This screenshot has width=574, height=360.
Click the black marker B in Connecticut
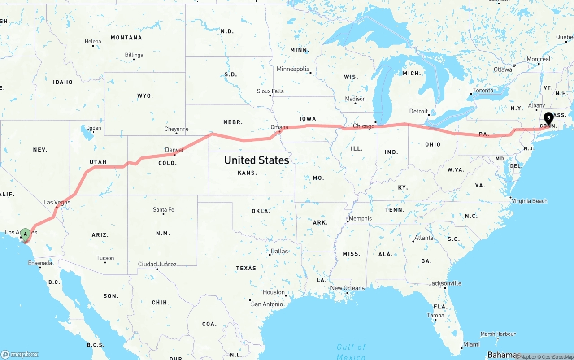(x=548, y=118)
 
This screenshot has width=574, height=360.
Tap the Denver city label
(x=174, y=150)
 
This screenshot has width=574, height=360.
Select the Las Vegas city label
(x=57, y=202)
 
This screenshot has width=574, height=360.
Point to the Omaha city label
(x=279, y=127)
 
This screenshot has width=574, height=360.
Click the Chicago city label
(x=363, y=126)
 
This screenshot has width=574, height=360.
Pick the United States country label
(x=257, y=160)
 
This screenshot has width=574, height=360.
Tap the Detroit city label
(x=418, y=111)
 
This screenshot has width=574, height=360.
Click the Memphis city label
(x=360, y=218)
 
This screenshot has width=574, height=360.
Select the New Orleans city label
(x=347, y=288)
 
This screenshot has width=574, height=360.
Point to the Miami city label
(x=471, y=344)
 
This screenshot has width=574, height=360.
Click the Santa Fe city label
(x=163, y=209)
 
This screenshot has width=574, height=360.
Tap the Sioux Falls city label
(x=270, y=91)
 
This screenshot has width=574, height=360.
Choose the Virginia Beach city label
(x=530, y=201)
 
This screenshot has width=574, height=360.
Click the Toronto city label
(x=483, y=90)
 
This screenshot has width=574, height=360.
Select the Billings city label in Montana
(x=134, y=55)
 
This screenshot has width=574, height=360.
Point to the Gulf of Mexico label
(x=351, y=351)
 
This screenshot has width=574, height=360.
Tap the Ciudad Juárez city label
(x=157, y=264)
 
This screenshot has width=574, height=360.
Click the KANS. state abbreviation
(x=247, y=173)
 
